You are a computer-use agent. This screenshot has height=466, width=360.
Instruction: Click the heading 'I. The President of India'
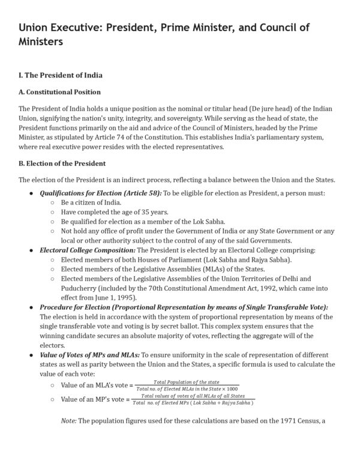[61, 75]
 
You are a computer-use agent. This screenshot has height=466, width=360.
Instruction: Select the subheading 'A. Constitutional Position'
[59, 92]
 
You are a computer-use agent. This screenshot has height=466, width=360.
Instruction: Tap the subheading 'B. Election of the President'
[62, 163]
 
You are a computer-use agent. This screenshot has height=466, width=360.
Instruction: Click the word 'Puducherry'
[81, 288]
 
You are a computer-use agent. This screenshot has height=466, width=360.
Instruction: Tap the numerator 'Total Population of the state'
[186, 382]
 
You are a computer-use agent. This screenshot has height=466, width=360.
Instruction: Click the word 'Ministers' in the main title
[41, 43]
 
